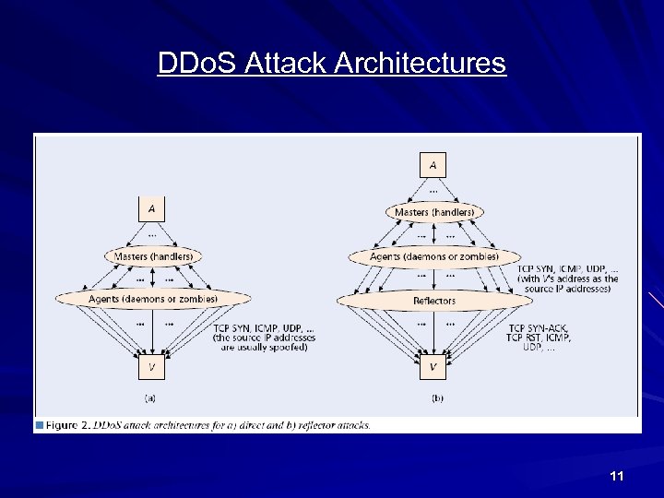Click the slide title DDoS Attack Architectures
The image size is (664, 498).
click(331, 64)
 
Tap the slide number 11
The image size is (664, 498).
click(617, 476)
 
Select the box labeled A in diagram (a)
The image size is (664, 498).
click(152, 209)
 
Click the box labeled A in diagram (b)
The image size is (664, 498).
click(433, 166)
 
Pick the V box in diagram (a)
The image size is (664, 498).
click(152, 367)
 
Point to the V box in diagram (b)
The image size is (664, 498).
click(433, 367)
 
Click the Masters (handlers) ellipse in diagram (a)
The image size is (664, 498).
click(153, 255)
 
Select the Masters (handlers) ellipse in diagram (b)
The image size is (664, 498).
click(433, 212)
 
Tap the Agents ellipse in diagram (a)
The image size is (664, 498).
click(153, 299)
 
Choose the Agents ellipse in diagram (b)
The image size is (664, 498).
click(433, 255)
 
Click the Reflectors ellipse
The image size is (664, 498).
click(433, 301)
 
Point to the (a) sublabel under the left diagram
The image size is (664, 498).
click(151, 398)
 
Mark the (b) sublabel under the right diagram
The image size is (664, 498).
click(437, 398)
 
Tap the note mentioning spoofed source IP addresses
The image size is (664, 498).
click(264, 338)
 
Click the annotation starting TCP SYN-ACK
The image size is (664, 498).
click(539, 338)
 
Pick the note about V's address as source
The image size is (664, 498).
click(568, 278)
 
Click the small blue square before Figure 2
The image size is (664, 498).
click(40, 425)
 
